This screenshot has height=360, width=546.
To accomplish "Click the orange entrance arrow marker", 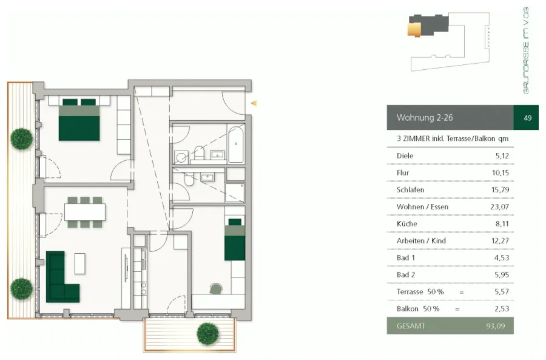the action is click(254, 103).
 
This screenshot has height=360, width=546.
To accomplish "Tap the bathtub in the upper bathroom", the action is click(236, 144).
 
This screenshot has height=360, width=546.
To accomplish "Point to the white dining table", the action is click(85, 212).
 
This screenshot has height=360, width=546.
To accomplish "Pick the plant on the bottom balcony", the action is click(207, 334).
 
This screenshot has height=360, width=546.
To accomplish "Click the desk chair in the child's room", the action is click(216, 288).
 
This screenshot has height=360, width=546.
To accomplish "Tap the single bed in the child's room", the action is click(235, 239).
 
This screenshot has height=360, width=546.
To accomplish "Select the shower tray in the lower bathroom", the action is click(235, 192).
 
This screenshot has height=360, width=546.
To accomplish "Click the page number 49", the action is click(528, 118).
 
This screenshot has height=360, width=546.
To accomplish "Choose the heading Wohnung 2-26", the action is click(425, 117).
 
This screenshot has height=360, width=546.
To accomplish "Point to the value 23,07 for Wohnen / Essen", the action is click(500, 206).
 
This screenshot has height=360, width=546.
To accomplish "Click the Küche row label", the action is click(406, 224).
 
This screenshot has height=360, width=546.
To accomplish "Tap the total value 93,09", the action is click(495, 326).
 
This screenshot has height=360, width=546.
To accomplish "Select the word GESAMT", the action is click(411, 326).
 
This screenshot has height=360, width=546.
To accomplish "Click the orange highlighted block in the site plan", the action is click(414, 29).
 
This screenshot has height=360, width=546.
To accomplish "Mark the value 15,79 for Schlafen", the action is click(500, 190).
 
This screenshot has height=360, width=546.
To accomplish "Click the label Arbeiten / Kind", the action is click(421, 241).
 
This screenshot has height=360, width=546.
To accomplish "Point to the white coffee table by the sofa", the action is click(79, 263).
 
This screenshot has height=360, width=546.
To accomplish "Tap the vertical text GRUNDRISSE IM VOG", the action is click(526, 50).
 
